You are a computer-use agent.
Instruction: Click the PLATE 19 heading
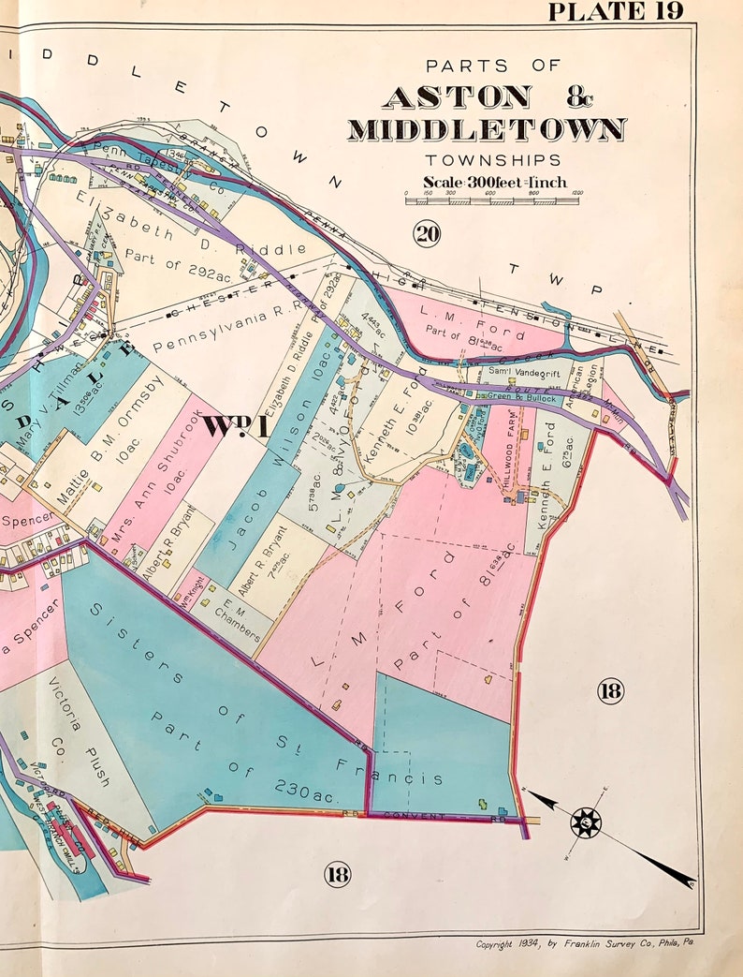[615, 11]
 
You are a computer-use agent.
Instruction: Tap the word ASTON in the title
[457, 96]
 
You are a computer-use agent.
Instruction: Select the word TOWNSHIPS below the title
[493, 160]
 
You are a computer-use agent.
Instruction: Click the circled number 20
[426, 233]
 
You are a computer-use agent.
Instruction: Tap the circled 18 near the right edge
[610, 691]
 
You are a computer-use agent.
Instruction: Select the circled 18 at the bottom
[337, 874]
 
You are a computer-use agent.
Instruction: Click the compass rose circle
[586, 823]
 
